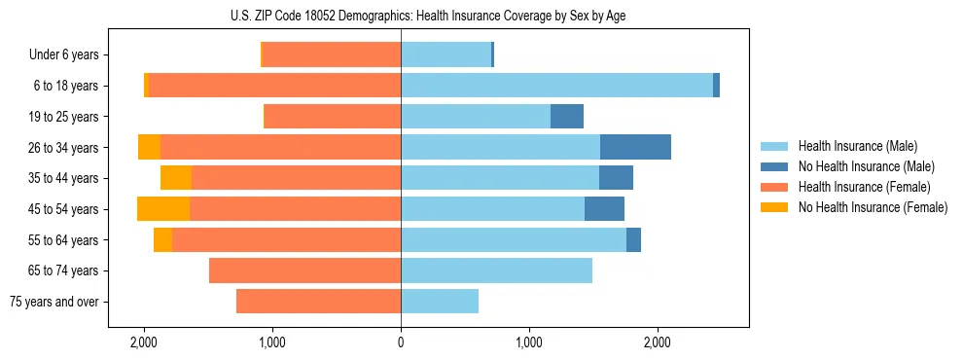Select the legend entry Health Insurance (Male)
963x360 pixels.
pyautogui.click(x=857, y=146)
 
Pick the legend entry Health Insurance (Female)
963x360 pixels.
pyautogui.click(x=862, y=187)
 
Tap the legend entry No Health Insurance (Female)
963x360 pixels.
pyautogui.click(x=872, y=207)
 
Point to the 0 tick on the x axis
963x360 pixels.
pyautogui.click(x=401, y=342)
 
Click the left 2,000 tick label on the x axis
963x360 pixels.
pyautogui.click(x=144, y=342)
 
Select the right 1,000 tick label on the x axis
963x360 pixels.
pyautogui.click(x=529, y=342)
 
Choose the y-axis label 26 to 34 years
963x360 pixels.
pyautogui.click(x=64, y=148)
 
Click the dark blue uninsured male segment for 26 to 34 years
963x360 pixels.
pyautogui.click(x=635, y=147)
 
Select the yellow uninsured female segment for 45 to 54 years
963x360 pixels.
pyautogui.click(x=163, y=209)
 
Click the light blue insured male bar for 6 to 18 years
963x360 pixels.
pyautogui.click(x=556, y=86)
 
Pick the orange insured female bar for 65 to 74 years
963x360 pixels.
pyautogui.click(x=304, y=270)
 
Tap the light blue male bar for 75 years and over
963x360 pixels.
pyautogui.click(x=440, y=302)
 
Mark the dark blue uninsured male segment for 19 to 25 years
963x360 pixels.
pyautogui.click(x=567, y=117)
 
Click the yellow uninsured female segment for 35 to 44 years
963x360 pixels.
pyautogui.click(x=176, y=178)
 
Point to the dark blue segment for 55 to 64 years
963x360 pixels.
pyautogui.click(x=633, y=240)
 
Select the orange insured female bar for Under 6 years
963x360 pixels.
pyautogui.click(x=332, y=54)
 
